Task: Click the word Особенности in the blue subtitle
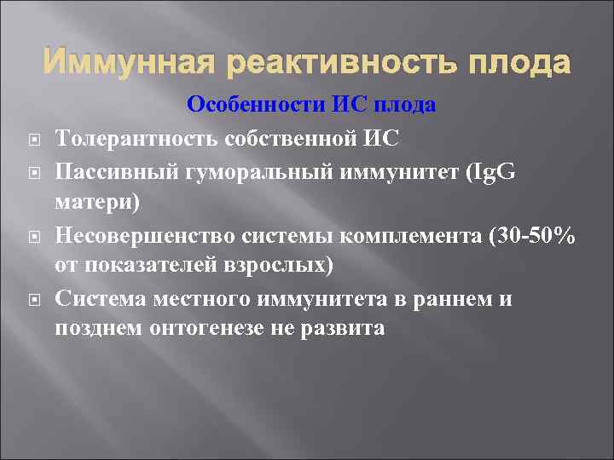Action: coord(254,106)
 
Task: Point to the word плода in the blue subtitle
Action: coord(407,106)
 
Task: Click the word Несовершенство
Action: coord(148,237)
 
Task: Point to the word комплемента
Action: coord(407,237)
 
